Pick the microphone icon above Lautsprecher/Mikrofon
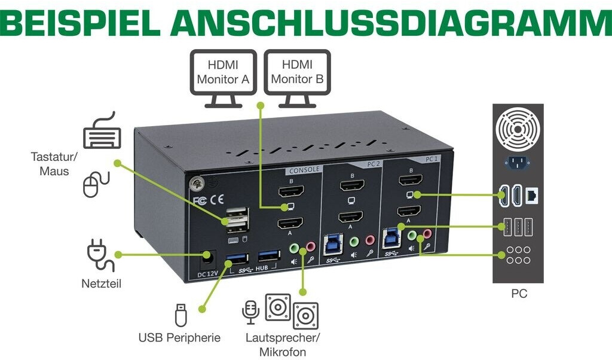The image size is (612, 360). tap(250, 312)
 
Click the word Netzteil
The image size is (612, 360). tap(101, 283)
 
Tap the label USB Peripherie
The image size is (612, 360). tap(179, 338)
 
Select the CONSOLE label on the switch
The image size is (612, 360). tap(304, 169)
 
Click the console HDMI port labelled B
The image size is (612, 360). tap(291, 191)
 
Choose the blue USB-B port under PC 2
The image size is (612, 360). tap(332, 240)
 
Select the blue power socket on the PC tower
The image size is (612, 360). tap(517, 162)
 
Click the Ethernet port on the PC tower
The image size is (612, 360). tap(531, 194)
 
